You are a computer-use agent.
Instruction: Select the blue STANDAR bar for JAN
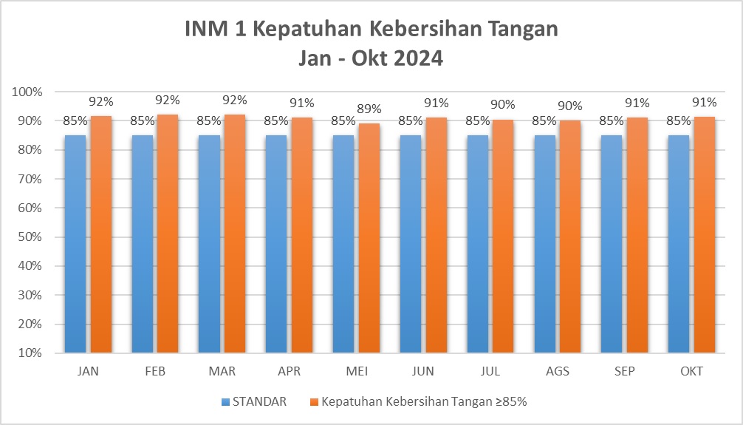point(75,244)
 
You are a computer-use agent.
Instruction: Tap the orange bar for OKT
point(704,235)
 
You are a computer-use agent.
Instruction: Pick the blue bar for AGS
point(545,244)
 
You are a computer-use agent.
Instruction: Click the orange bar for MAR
point(235,234)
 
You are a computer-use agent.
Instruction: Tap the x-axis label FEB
point(155,371)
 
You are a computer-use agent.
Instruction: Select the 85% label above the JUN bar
point(410,121)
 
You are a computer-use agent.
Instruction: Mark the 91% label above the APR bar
point(302,103)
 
